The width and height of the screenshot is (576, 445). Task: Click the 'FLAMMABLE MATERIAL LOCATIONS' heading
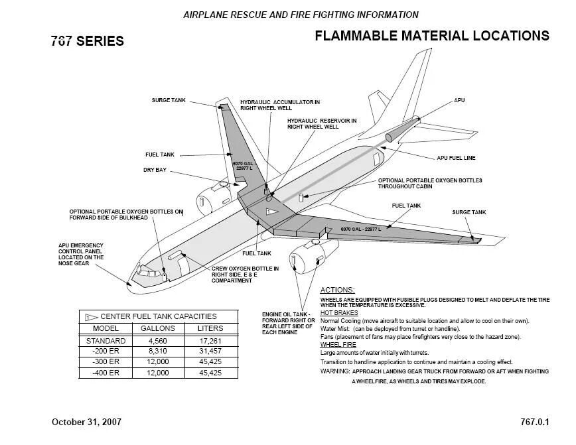coord(431,36)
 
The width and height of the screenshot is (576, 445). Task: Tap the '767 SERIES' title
coord(87,41)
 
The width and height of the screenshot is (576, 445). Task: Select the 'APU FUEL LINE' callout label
coord(456,158)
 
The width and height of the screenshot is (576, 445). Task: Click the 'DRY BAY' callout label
coord(155,170)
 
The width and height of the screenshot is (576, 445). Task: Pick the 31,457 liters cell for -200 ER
coord(210,351)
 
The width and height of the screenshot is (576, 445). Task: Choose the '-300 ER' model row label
coord(106,362)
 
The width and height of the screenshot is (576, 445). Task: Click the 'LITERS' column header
coord(210,328)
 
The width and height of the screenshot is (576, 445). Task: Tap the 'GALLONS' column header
coord(158,328)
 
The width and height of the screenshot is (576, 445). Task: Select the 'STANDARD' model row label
coord(106,340)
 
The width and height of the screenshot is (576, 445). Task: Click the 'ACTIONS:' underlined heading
coord(337,290)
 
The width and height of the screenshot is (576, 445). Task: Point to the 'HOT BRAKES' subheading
coord(339,312)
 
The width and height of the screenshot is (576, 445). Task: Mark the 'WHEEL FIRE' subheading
coord(338,345)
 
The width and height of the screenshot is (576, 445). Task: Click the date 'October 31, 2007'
coord(86,422)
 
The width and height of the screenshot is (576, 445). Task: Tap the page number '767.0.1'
coord(534,422)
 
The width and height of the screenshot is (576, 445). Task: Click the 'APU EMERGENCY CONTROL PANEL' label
coord(80,254)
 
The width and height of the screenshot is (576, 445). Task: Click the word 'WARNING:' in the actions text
coord(336,371)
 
